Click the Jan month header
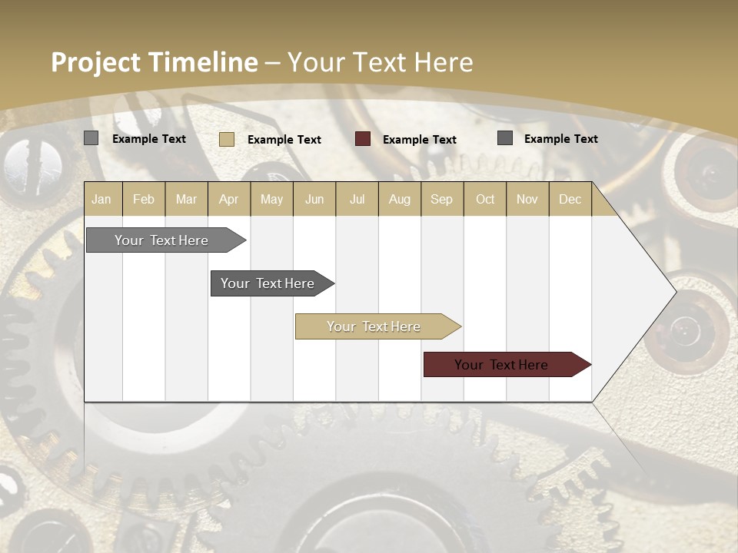(x=101, y=200)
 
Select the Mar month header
(x=186, y=200)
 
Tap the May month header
(x=271, y=200)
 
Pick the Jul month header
(x=357, y=200)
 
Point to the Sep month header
(x=441, y=200)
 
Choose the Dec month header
(x=570, y=200)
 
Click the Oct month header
(x=485, y=200)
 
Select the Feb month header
(x=144, y=200)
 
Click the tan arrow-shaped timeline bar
(x=374, y=326)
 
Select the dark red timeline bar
(x=502, y=365)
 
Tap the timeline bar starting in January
(x=162, y=240)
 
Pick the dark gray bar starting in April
(x=268, y=283)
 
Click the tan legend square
(x=226, y=139)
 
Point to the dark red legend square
(x=363, y=139)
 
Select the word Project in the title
(x=95, y=62)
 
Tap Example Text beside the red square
(x=419, y=140)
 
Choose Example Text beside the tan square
(x=284, y=140)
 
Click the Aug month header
(x=399, y=200)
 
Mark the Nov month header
(x=527, y=200)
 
